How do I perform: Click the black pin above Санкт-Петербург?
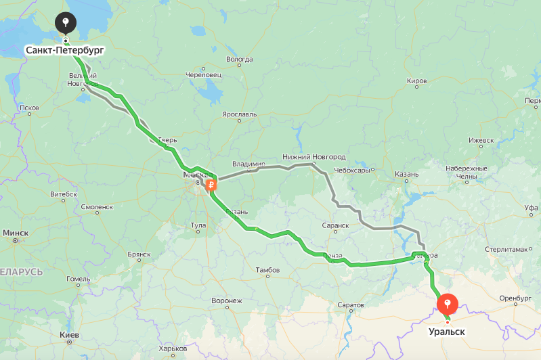[65, 23]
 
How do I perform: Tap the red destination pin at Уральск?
[448, 303]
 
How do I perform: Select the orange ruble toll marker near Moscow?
[211, 183]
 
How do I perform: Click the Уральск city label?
[447, 332]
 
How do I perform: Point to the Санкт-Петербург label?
[66, 51]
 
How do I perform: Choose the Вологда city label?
[239, 60]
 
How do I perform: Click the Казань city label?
[406, 175]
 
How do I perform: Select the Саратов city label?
[350, 305]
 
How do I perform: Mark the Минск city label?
[16, 233]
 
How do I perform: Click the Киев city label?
[69, 335]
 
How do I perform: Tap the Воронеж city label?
[226, 300]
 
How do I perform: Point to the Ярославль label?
[240, 114]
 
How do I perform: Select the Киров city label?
[416, 81]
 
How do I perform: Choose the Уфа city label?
[532, 207]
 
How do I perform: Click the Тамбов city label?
[267, 270]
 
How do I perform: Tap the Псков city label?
[30, 108]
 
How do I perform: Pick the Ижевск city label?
[481, 140]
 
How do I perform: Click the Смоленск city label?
[96, 207]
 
